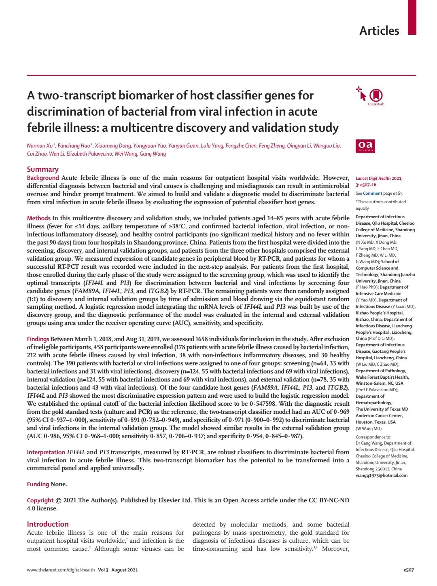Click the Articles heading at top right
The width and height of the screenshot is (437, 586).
coord(379,31)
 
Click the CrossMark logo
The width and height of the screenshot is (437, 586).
coord(376,96)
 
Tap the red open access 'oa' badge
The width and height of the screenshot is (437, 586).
coord(365,146)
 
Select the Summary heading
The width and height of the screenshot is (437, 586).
coord(42,169)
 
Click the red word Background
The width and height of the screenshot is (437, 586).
coord(43,178)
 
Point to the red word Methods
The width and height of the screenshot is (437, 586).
coord(38,218)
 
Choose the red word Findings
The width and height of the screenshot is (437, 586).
coord(38,339)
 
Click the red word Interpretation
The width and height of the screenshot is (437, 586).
coord(46,452)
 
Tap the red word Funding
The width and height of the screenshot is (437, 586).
coord(38,484)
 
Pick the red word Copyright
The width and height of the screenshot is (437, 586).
coord(40,500)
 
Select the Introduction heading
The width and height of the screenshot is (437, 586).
coord(48,524)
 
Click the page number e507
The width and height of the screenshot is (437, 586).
coord(409,570)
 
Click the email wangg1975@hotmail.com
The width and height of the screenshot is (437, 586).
coord(382,475)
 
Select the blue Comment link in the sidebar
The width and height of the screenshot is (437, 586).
coord(372,193)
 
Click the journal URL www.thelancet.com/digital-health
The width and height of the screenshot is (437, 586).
coord(61,570)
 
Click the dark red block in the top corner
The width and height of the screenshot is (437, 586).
coord(412,17)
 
